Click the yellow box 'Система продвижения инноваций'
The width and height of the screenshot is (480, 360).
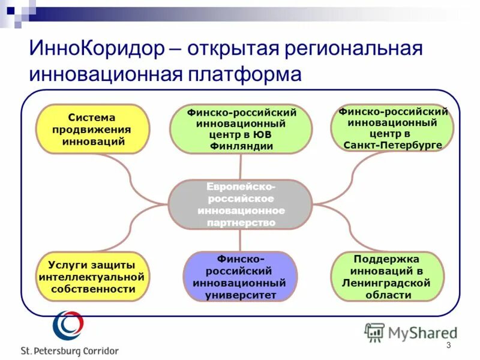(x=92, y=129)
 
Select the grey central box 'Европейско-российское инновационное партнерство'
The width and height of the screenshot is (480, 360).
(x=241, y=205)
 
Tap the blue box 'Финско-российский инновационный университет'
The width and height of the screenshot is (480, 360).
(x=240, y=276)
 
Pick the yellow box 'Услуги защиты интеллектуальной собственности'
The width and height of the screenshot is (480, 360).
(x=92, y=277)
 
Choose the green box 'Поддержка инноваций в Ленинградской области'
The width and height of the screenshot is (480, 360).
(x=388, y=277)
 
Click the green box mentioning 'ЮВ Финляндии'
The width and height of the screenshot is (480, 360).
(x=241, y=129)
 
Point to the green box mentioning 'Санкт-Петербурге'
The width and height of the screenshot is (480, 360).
(x=392, y=128)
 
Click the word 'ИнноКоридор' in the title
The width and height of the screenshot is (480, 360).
(x=95, y=49)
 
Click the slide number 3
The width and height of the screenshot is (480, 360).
(x=448, y=345)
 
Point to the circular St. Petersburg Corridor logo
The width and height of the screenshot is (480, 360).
(x=67, y=325)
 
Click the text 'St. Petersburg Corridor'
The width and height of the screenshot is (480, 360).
(x=70, y=351)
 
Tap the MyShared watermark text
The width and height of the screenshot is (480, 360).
(x=422, y=332)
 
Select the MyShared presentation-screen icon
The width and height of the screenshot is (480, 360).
(x=374, y=332)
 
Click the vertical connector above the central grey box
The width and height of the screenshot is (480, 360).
(x=241, y=166)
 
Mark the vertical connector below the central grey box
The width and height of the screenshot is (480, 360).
(x=240, y=240)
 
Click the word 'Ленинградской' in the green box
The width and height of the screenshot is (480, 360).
(x=388, y=283)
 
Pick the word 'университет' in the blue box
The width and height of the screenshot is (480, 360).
(x=240, y=295)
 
